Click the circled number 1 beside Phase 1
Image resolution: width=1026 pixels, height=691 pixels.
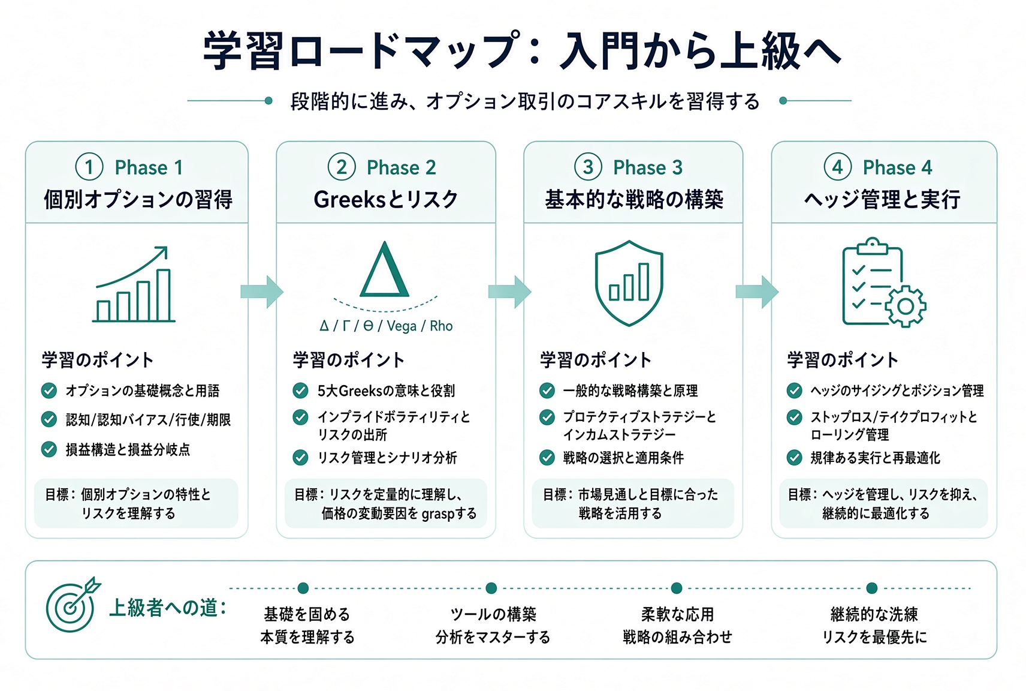(89, 167)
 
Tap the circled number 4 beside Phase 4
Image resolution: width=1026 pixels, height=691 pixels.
(837, 167)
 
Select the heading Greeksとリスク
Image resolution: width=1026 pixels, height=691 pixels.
(386, 200)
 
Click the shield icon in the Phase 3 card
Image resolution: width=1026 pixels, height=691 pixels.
(629, 283)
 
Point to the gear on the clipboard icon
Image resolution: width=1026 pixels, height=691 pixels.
(906, 307)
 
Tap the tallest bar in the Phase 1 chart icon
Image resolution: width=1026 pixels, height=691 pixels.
(164, 295)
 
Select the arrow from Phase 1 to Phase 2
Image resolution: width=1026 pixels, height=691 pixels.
(262, 292)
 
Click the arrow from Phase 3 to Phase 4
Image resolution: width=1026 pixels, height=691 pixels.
(757, 292)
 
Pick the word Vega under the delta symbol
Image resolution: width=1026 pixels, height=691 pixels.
(402, 326)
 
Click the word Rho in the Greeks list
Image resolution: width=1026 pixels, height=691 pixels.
(441, 326)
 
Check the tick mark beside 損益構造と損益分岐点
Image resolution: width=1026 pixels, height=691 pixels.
(49, 449)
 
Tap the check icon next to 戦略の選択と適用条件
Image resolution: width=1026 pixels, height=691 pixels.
(547, 457)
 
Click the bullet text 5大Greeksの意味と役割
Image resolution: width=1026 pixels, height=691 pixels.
(386, 390)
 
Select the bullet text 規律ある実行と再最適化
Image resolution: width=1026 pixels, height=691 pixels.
(876, 458)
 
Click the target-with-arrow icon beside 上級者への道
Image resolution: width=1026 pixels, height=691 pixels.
(73, 605)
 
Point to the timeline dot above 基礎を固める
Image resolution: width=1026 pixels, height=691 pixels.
(303, 588)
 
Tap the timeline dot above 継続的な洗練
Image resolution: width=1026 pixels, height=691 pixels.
(872, 588)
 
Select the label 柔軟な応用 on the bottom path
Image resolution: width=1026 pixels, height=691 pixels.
(677, 614)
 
